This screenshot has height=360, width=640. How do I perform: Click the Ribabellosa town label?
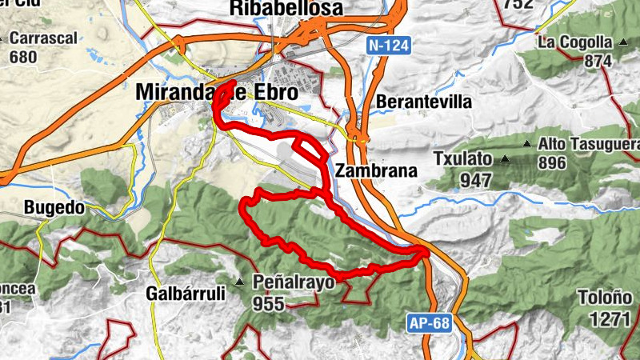pyautogui.click(x=286, y=9)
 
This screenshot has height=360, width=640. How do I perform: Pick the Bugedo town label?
pyautogui.click(x=54, y=208)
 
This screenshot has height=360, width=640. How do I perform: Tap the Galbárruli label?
pyautogui.click(x=186, y=294)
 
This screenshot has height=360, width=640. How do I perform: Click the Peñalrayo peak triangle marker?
pyautogui.click(x=239, y=282)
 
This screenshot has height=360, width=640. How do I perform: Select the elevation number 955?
pyautogui.click(x=269, y=304)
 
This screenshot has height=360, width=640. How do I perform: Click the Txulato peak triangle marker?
pyautogui.click(x=505, y=159)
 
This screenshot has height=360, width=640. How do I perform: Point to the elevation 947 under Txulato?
pyautogui.click(x=477, y=180)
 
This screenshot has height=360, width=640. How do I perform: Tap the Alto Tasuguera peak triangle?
pyautogui.click(x=526, y=144)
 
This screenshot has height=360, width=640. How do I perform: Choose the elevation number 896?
pyautogui.click(x=552, y=164)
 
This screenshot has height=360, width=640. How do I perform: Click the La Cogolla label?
pyautogui.click(x=574, y=42)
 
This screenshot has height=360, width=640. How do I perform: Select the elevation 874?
pyautogui.click(x=598, y=61)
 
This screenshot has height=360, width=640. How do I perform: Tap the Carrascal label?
pyautogui.click(x=43, y=38)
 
